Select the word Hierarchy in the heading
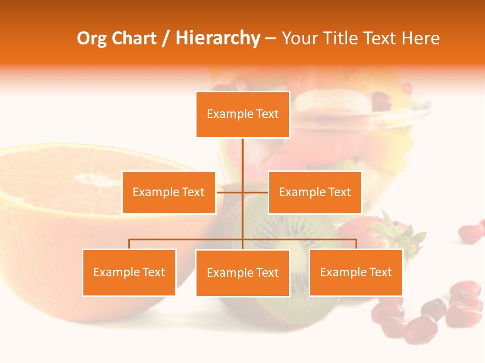(217, 38)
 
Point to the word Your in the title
(297, 38)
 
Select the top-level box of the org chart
(243, 114)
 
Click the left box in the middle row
(169, 192)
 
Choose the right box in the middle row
(315, 192)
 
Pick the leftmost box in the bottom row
(129, 272)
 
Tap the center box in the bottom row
(243, 273)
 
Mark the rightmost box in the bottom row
(356, 272)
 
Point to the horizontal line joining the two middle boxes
(230, 192)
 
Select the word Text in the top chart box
(267, 114)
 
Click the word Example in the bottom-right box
(338, 272)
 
